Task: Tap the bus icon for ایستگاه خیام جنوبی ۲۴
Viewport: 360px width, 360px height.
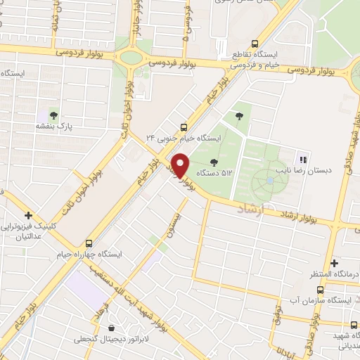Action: pos(184,127)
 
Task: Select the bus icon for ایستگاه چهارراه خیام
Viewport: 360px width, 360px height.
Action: pos(89,241)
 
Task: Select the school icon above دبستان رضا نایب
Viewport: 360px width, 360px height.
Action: pos(304,159)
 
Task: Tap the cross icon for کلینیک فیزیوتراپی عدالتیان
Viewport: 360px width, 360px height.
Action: pos(29,215)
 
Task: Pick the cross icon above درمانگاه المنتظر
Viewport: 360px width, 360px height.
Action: pos(335,262)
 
